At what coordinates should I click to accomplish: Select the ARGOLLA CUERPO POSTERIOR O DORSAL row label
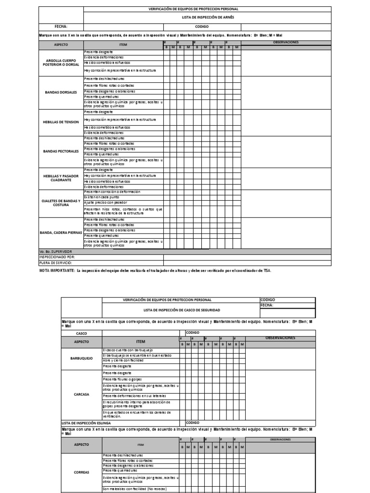click(x=61, y=63)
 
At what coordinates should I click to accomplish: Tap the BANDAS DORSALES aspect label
click(x=61, y=92)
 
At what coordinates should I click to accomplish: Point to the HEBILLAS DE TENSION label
click(x=61, y=122)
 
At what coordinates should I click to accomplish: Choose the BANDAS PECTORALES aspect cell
click(x=61, y=151)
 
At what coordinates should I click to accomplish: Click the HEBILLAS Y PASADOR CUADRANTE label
click(x=61, y=178)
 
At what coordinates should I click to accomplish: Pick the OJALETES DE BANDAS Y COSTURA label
click(x=61, y=203)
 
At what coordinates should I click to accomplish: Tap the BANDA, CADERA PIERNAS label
click(x=61, y=233)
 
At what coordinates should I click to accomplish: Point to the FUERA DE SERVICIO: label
click(x=55, y=263)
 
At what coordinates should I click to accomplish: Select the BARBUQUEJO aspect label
click(x=81, y=358)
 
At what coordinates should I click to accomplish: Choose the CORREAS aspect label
click(x=81, y=472)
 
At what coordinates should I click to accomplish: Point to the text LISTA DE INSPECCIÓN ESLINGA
click(x=82, y=422)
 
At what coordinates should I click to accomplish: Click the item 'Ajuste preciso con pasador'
click(x=104, y=203)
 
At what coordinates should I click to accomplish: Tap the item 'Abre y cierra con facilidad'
click(x=123, y=360)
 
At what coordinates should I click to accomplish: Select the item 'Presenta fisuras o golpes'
click(x=122, y=379)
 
